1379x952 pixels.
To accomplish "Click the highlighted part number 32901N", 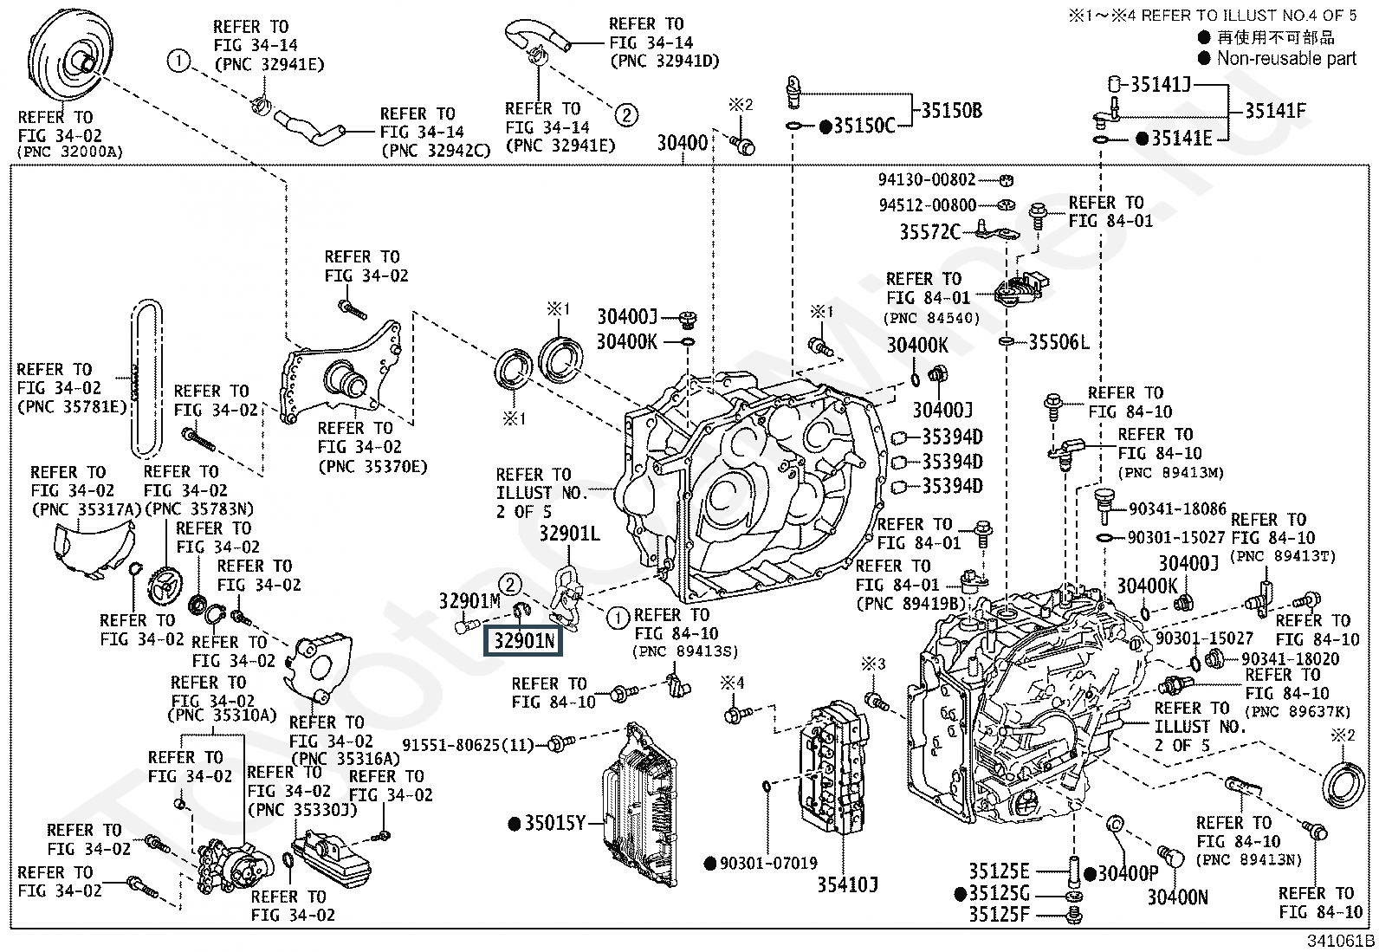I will [524, 641].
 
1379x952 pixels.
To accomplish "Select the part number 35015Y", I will [555, 823].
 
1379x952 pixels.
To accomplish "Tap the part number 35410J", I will [847, 884].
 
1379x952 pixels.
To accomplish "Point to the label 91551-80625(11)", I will [469, 743].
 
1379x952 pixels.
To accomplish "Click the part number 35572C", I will [929, 232].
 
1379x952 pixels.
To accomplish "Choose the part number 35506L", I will [1059, 342].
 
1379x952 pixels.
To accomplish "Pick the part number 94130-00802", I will [927, 180].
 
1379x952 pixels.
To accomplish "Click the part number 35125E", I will [999, 871].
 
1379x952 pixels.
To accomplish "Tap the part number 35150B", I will [951, 111].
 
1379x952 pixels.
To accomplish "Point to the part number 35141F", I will [1275, 110].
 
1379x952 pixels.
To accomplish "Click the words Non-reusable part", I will [1286, 59].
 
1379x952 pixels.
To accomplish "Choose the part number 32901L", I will [569, 534].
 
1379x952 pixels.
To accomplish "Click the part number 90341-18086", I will [1178, 509].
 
